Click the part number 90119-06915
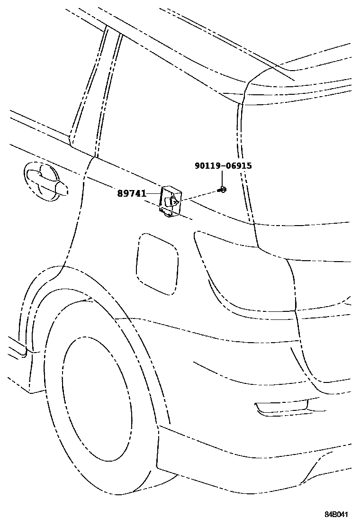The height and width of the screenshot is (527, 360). coord(223,166)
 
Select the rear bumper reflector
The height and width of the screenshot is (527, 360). coord(282,406)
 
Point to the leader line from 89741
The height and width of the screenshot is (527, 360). coord(153,193)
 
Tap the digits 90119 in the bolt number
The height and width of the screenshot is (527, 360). coord(207,166)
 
